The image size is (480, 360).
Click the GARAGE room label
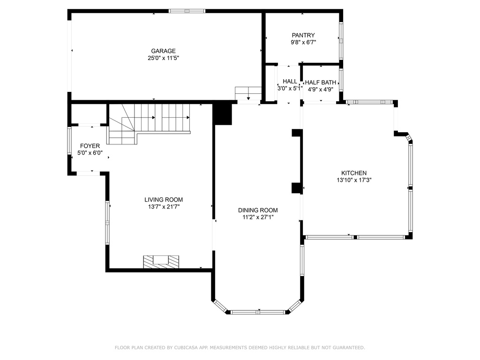point(163,51)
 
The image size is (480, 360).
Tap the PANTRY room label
point(303,35)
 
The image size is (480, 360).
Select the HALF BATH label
point(321,82)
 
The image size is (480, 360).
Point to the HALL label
point(290,82)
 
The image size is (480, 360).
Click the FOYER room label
point(90,146)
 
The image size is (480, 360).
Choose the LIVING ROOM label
point(164,200)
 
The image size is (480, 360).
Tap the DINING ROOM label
point(258,210)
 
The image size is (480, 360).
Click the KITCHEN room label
point(354,173)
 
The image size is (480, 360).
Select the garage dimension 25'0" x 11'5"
point(163,58)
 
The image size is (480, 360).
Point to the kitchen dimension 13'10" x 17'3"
point(354,180)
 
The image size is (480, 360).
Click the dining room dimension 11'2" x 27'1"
point(258,217)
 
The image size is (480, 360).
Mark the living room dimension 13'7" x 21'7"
point(164,207)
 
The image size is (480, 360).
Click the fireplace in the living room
point(161,262)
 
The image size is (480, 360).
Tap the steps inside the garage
point(248,93)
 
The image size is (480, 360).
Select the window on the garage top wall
point(187,11)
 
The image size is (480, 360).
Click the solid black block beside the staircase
point(222,114)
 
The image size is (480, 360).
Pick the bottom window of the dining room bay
point(258,312)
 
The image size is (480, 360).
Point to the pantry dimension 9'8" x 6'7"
point(303,42)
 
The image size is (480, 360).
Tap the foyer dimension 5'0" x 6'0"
point(90,153)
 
